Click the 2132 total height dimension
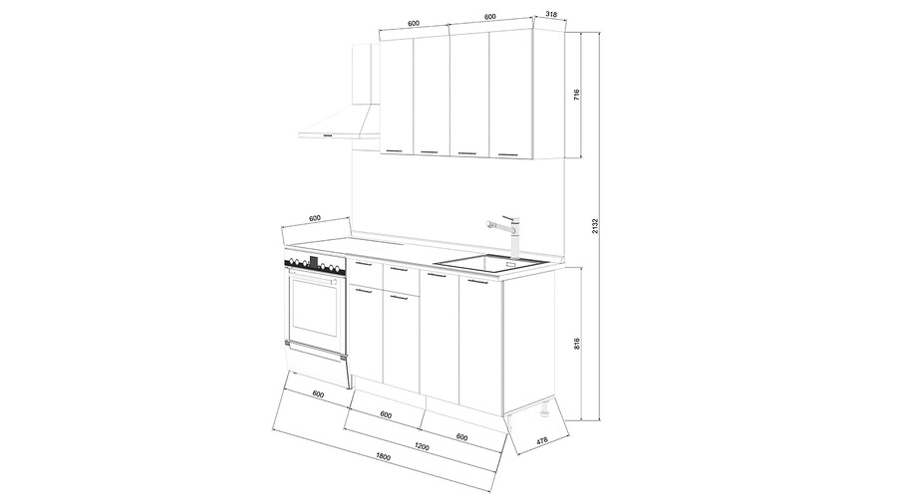[594, 226]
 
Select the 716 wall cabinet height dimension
[576, 95]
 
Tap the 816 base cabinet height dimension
[577, 344]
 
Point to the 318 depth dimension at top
[551, 14]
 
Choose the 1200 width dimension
[422, 446]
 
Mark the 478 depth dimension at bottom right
[542, 440]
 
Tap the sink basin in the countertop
[490, 263]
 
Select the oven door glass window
[315, 307]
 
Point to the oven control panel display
[314, 263]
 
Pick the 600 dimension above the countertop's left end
[315, 219]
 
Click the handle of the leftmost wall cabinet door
[394, 150]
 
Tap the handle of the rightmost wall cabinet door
[507, 154]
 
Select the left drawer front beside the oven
[365, 274]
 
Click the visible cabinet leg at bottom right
[543, 409]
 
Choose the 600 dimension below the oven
[318, 394]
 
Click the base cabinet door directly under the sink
[480, 345]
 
